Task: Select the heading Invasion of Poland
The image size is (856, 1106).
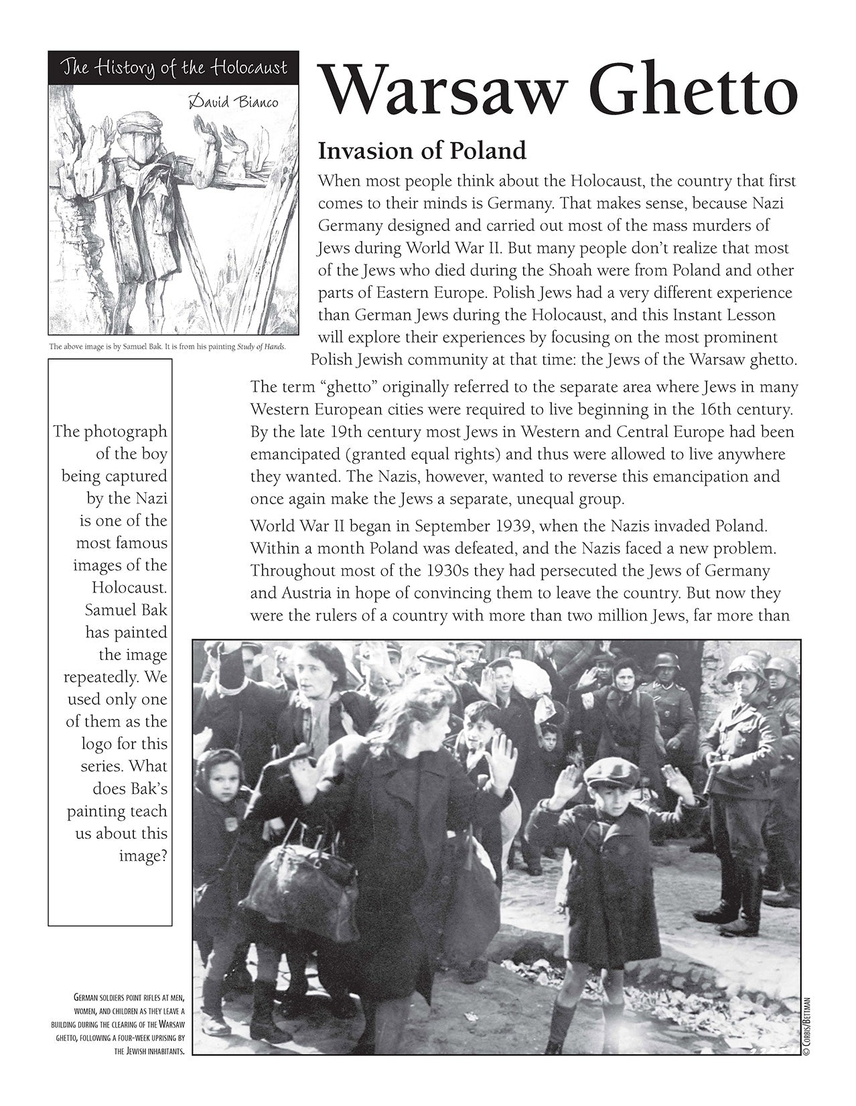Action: [x=422, y=151]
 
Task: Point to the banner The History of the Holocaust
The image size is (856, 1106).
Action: [x=173, y=68]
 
